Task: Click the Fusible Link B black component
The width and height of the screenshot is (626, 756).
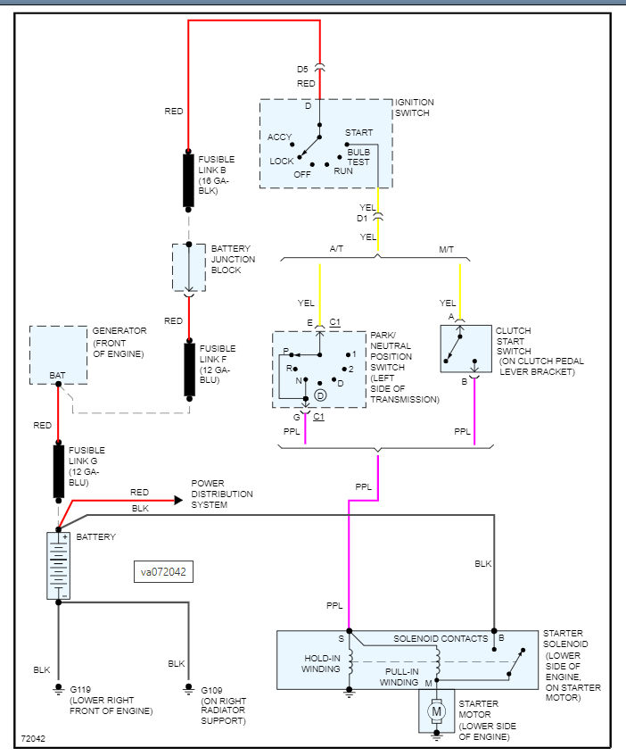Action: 188,180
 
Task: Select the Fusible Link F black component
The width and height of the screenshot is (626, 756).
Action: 190,370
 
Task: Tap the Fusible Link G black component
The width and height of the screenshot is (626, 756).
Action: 58,471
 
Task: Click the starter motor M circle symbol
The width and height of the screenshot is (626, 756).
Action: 436,711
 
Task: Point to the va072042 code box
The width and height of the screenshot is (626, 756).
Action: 163,572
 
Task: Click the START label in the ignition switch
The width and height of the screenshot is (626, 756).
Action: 358,133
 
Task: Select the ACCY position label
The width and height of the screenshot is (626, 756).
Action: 280,137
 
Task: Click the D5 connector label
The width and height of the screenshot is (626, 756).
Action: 302,70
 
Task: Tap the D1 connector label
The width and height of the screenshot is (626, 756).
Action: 362,219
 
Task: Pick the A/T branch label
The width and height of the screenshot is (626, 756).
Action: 336,249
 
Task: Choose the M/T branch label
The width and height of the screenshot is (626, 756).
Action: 447,249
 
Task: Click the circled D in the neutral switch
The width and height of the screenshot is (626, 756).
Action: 320,395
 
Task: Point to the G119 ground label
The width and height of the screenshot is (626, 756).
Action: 80,689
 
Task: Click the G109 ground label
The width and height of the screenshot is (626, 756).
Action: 211,691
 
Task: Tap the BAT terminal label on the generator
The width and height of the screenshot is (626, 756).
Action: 57,375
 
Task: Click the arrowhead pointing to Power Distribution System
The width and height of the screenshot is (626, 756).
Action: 178,501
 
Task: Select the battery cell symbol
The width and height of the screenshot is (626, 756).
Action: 58,566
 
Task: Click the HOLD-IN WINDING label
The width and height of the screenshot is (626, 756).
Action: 321,663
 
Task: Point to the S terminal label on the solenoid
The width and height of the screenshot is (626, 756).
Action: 341,639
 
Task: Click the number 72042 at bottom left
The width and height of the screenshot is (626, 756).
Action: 33,739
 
